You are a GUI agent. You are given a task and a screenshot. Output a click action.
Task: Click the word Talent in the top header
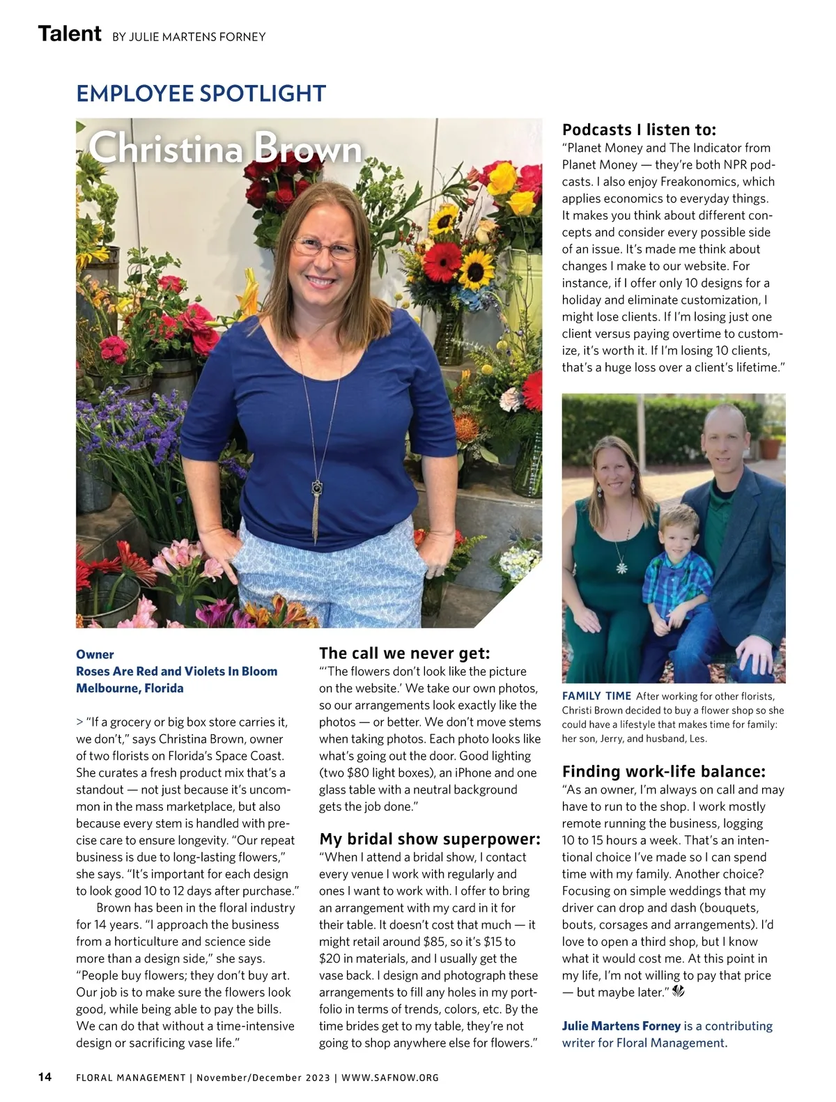(70, 33)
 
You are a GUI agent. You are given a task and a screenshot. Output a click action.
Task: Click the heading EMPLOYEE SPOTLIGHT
(201, 93)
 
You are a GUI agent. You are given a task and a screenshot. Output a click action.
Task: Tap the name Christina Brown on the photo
(226, 148)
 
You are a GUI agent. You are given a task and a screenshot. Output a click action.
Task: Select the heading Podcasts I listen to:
(639, 130)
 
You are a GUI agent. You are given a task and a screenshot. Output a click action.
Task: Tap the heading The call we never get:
(405, 653)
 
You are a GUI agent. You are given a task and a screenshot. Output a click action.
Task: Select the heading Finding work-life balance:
(664, 771)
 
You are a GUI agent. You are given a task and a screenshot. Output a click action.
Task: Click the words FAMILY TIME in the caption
(596, 696)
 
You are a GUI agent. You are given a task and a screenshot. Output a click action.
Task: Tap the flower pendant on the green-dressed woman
(622, 568)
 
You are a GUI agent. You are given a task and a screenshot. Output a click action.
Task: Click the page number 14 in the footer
(45, 1077)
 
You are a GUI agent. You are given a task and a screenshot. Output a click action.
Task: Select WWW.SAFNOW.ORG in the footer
(390, 1078)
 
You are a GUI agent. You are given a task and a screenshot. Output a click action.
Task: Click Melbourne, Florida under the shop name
(130, 688)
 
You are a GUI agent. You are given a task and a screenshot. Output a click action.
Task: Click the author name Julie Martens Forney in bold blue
(621, 1025)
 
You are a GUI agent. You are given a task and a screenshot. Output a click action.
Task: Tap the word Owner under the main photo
(95, 654)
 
